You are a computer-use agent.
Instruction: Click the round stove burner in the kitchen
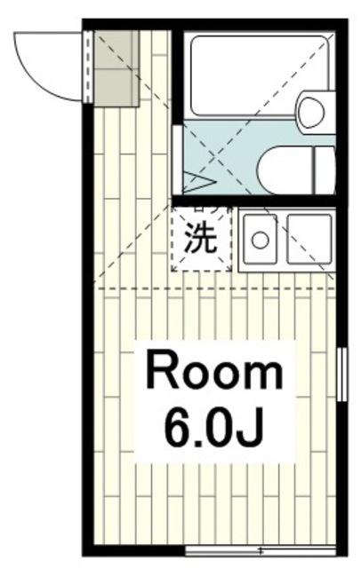261,239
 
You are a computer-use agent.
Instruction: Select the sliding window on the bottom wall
263,550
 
